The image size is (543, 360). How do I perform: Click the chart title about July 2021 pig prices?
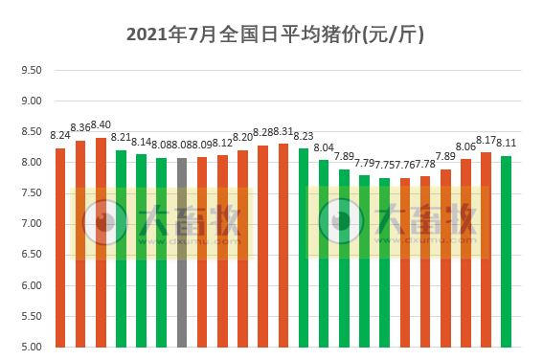(275, 35)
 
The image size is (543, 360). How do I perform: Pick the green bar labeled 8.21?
(121, 248)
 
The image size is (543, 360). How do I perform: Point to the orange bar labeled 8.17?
(486, 249)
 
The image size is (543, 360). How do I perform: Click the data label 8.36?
(80, 127)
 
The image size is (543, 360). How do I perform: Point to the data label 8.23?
(304, 136)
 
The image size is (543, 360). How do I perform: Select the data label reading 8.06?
(465, 146)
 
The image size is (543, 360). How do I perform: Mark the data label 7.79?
(364, 163)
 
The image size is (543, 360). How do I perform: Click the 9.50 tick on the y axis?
(32, 70)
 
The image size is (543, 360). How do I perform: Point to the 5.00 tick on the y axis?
(32, 347)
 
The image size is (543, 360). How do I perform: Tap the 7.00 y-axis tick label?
(32, 224)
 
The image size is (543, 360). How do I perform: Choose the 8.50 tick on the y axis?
(32, 131)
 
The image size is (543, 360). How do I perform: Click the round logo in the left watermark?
(105, 221)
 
